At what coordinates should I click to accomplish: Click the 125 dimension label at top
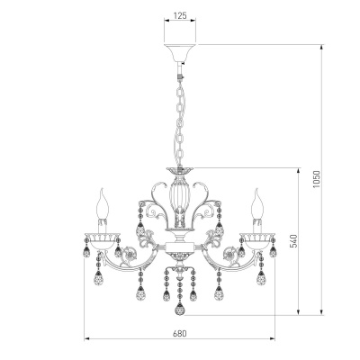[x=180, y=15]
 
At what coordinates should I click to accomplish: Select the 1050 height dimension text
[x=317, y=179]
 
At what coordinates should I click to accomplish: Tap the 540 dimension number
[x=293, y=240]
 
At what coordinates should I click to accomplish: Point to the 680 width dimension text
[x=180, y=334]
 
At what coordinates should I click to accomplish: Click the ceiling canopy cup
[x=180, y=52]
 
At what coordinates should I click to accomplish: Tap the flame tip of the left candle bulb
[x=103, y=189]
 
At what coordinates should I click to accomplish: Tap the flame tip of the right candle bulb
[x=256, y=189]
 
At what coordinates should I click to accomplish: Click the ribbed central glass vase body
[x=180, y=197]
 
